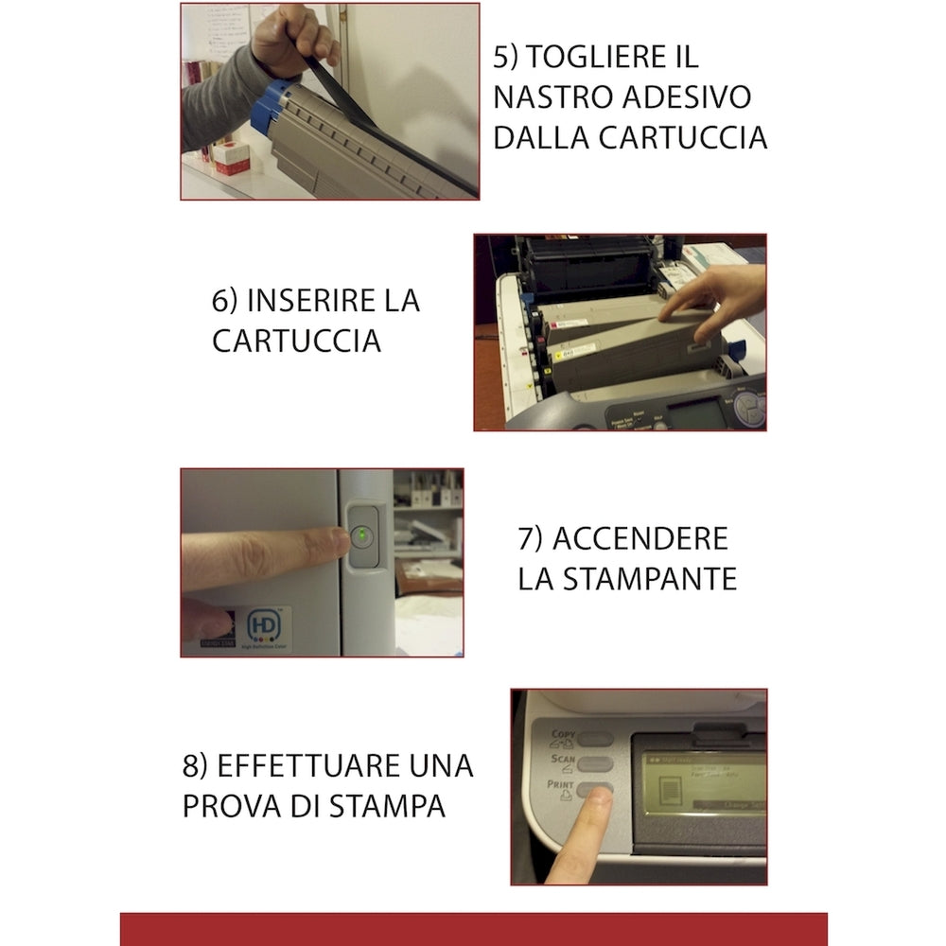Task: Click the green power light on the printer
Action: (363, 535)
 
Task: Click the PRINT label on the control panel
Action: (561, 784)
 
